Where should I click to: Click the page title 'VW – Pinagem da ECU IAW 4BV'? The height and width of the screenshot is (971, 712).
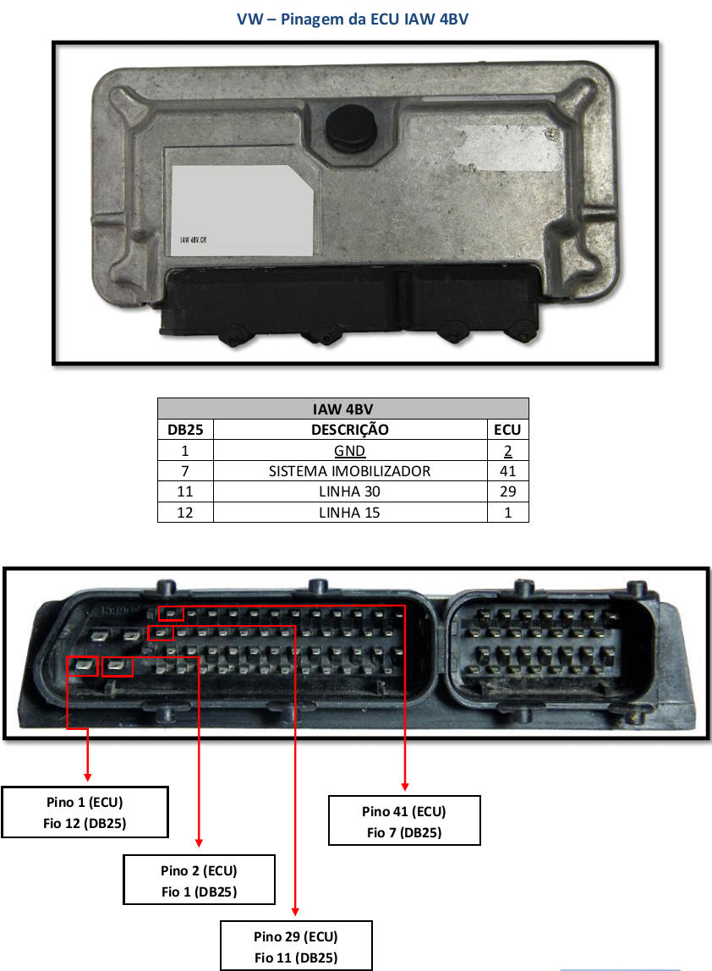352,19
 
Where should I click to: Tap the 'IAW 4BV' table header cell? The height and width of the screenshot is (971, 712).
342,409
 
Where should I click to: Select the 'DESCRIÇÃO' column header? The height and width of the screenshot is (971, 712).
349,430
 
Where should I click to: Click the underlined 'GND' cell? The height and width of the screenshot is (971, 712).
349,451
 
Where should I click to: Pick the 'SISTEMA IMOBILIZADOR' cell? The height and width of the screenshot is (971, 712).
349,471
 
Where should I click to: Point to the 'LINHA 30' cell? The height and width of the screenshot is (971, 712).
349,491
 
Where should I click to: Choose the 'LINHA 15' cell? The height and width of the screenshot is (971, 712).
349,512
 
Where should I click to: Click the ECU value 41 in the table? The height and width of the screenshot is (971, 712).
507,471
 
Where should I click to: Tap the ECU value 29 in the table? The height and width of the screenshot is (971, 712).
507,491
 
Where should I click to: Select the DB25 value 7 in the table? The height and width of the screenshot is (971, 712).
185,471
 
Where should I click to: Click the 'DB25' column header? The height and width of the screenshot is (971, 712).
185,430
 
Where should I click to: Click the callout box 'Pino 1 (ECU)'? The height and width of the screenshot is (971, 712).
85,812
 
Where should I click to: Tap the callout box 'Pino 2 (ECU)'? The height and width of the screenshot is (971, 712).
199,880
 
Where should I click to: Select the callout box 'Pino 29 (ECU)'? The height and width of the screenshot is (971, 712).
295,946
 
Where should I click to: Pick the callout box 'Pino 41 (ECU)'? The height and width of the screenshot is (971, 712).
403,821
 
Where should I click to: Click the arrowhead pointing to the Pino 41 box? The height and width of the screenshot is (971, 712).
405,787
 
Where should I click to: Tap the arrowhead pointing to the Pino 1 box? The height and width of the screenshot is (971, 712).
88,776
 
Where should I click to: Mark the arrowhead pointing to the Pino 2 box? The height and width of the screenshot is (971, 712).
199,842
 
